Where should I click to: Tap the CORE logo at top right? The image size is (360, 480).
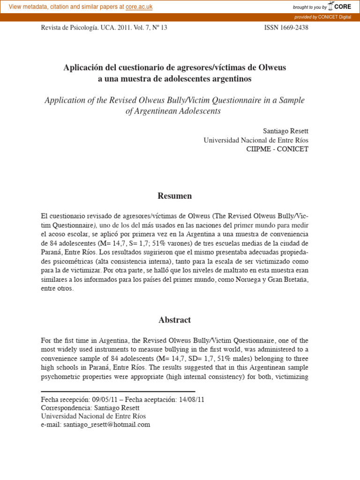(x=339, y=7)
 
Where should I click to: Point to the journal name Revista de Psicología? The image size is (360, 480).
(x=70, y=28)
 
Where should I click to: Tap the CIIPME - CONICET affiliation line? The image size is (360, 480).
(x=277, y=149)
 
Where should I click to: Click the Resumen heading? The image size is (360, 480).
(x=174, y=196)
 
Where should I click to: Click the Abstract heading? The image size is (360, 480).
(x=174, y=320)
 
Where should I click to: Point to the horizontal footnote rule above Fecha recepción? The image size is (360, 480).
(x=118, y=391)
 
